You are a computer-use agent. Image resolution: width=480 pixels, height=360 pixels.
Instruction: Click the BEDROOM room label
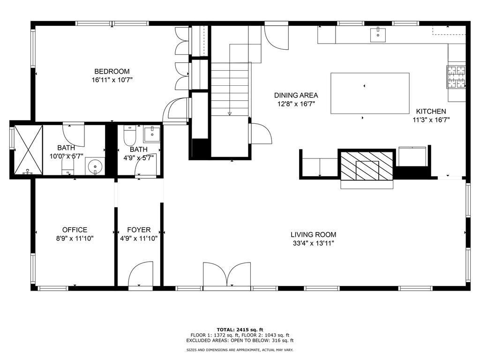click(x=112, y=71)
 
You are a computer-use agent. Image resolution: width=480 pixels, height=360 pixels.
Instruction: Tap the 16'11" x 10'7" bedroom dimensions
click(x=112, y=80)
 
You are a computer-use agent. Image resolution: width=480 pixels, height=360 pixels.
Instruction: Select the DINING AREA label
click(x=296, y=95)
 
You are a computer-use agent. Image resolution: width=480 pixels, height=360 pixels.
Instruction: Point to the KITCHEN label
click(x=431, y=112)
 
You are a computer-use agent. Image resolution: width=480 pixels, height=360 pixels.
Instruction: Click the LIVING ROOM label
click(x=313, y=235)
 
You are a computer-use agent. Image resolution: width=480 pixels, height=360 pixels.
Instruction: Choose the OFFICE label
click(x=75, y=230)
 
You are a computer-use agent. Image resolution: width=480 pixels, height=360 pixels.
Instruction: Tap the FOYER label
click(x=139, y=230)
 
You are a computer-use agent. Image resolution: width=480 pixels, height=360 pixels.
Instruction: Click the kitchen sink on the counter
click(x=378, y=34)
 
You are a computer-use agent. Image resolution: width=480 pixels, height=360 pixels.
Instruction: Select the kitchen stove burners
click(x=456, y=77)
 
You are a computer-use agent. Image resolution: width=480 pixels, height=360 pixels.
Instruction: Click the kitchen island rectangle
click(x=370, y=93)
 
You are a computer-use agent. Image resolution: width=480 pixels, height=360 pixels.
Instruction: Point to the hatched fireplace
click(x=367, y=165)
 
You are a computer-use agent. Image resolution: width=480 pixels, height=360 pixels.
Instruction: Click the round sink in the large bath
click(x=95, y=167)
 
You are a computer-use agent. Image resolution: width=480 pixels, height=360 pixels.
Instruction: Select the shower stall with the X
click(x=28, y=150)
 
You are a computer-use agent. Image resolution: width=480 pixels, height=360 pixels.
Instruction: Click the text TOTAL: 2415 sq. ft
click(x=240, y=330)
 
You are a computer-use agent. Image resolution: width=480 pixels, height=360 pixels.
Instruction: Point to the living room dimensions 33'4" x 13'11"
click(x=313, y=244)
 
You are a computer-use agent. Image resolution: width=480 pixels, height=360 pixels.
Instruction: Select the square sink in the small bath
click(x=152, y=134)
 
